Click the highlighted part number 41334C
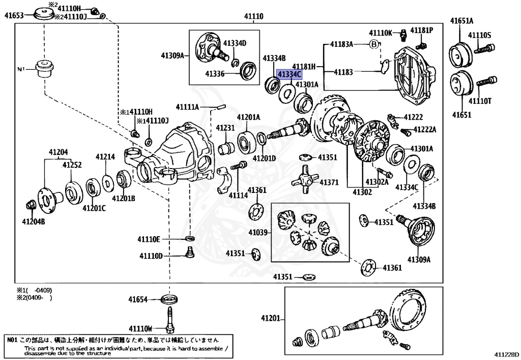(x=289, y=74)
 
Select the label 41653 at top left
(x=14, y=15)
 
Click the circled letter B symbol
(x=374, y=44)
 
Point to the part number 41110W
(x=140, y=327)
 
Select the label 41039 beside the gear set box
(x=258, y=232)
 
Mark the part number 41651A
(x=461, y=21)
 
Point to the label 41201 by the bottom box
(x=271, y=318)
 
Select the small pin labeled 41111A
(x=220, y=107)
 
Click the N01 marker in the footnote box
(x=13, y=339)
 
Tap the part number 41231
(x=225, y=128)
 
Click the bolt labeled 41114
(x=239, y=165)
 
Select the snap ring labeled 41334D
(x=236, y=63)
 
